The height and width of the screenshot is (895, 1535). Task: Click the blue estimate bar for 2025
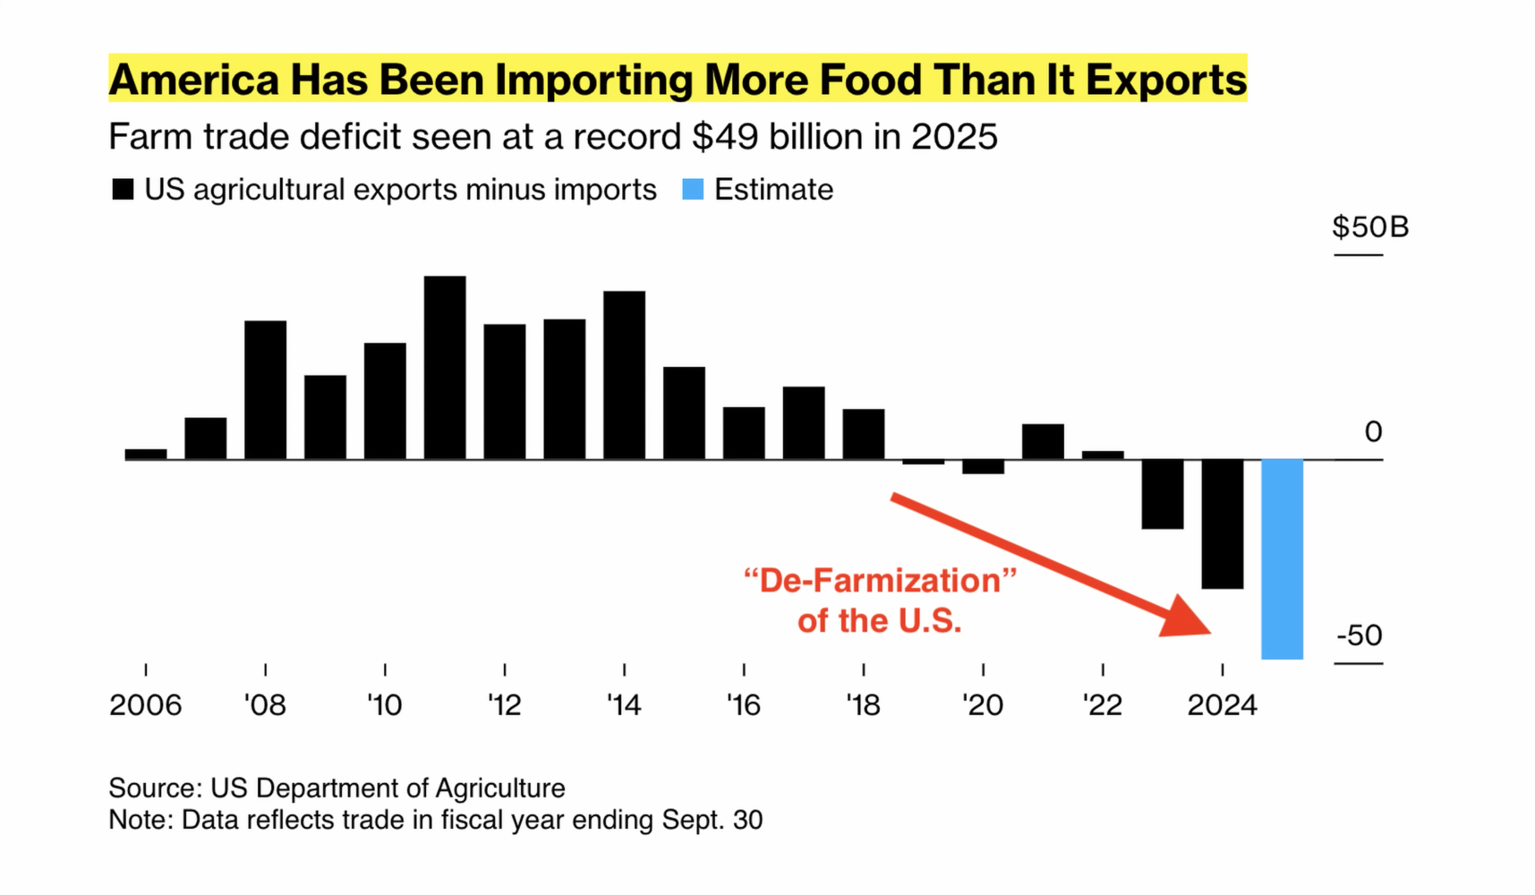tap(1282, 558)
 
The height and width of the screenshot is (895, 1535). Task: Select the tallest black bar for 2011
tap(445, 367)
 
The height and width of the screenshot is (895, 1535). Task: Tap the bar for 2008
tap(266, 389)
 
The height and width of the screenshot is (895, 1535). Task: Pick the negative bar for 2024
tap(1222, 524)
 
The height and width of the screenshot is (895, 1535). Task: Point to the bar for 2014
tap(624, 375)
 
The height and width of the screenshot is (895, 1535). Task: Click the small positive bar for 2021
tap(1043, 441)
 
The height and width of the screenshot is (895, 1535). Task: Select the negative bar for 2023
tap(1162, 494)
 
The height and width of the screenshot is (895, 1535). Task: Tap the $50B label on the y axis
tap(1369, 227)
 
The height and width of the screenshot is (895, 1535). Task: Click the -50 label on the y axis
tap(1359, 635)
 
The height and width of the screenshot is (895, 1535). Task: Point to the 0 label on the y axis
tap(1373, 432)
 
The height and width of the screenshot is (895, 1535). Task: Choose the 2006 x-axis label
tap(145, 705)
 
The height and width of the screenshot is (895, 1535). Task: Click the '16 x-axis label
tap(743, 705)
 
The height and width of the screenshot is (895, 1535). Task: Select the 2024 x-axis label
tap(1222, 705)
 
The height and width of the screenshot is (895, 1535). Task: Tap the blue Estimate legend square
tap(693, 190)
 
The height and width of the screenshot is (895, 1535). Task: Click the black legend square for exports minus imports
tap(123, 190)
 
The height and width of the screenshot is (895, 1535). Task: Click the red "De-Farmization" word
tap(880, 581)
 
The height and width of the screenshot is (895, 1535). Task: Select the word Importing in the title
tap(594, 80)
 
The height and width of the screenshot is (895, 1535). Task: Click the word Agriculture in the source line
tap(500, 788)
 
